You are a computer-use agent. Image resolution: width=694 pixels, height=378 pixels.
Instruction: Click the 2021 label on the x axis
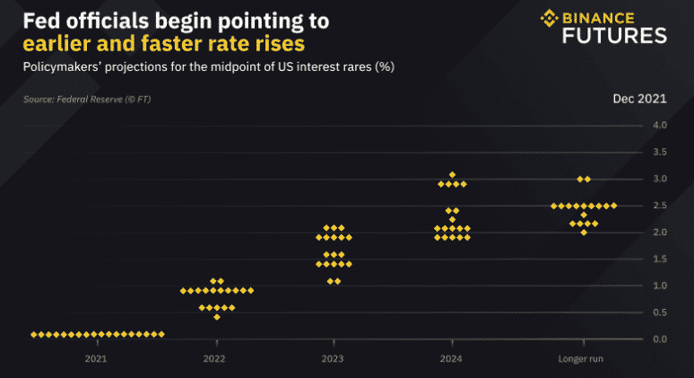tap(96, 360)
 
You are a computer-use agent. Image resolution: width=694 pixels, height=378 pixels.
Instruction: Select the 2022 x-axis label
tap(214, 360)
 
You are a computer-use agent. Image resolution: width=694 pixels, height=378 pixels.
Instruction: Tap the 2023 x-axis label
tap(334, 360)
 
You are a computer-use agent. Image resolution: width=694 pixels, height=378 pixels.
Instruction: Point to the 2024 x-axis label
tap(452, 360)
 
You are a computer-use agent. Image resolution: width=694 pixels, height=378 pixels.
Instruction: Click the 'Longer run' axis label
tap(584, 360)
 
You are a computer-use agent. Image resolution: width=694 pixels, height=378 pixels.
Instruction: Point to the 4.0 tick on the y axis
tap(659, 125)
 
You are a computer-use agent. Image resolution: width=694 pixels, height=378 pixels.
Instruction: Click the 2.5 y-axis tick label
tap(659, 206)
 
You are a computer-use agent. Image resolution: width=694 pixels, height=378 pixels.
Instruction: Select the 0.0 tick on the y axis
tap(659, 339)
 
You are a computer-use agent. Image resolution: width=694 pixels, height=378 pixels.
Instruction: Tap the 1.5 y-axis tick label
tap(659, 259)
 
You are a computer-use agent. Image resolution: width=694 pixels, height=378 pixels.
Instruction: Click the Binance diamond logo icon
tap(549, 18)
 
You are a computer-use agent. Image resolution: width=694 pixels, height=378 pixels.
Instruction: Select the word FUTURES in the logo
tap(614, 36)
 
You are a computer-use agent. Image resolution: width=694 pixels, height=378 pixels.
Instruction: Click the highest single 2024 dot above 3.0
tap(452, 174)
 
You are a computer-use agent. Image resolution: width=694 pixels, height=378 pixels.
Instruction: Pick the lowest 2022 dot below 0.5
tap(216, 317)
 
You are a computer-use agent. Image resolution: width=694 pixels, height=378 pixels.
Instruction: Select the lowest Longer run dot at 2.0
tap(584, 233)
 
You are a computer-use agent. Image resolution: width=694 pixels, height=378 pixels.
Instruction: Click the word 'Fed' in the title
tap(41, 20)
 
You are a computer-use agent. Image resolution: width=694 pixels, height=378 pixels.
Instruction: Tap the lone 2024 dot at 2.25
tap(452, 219)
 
